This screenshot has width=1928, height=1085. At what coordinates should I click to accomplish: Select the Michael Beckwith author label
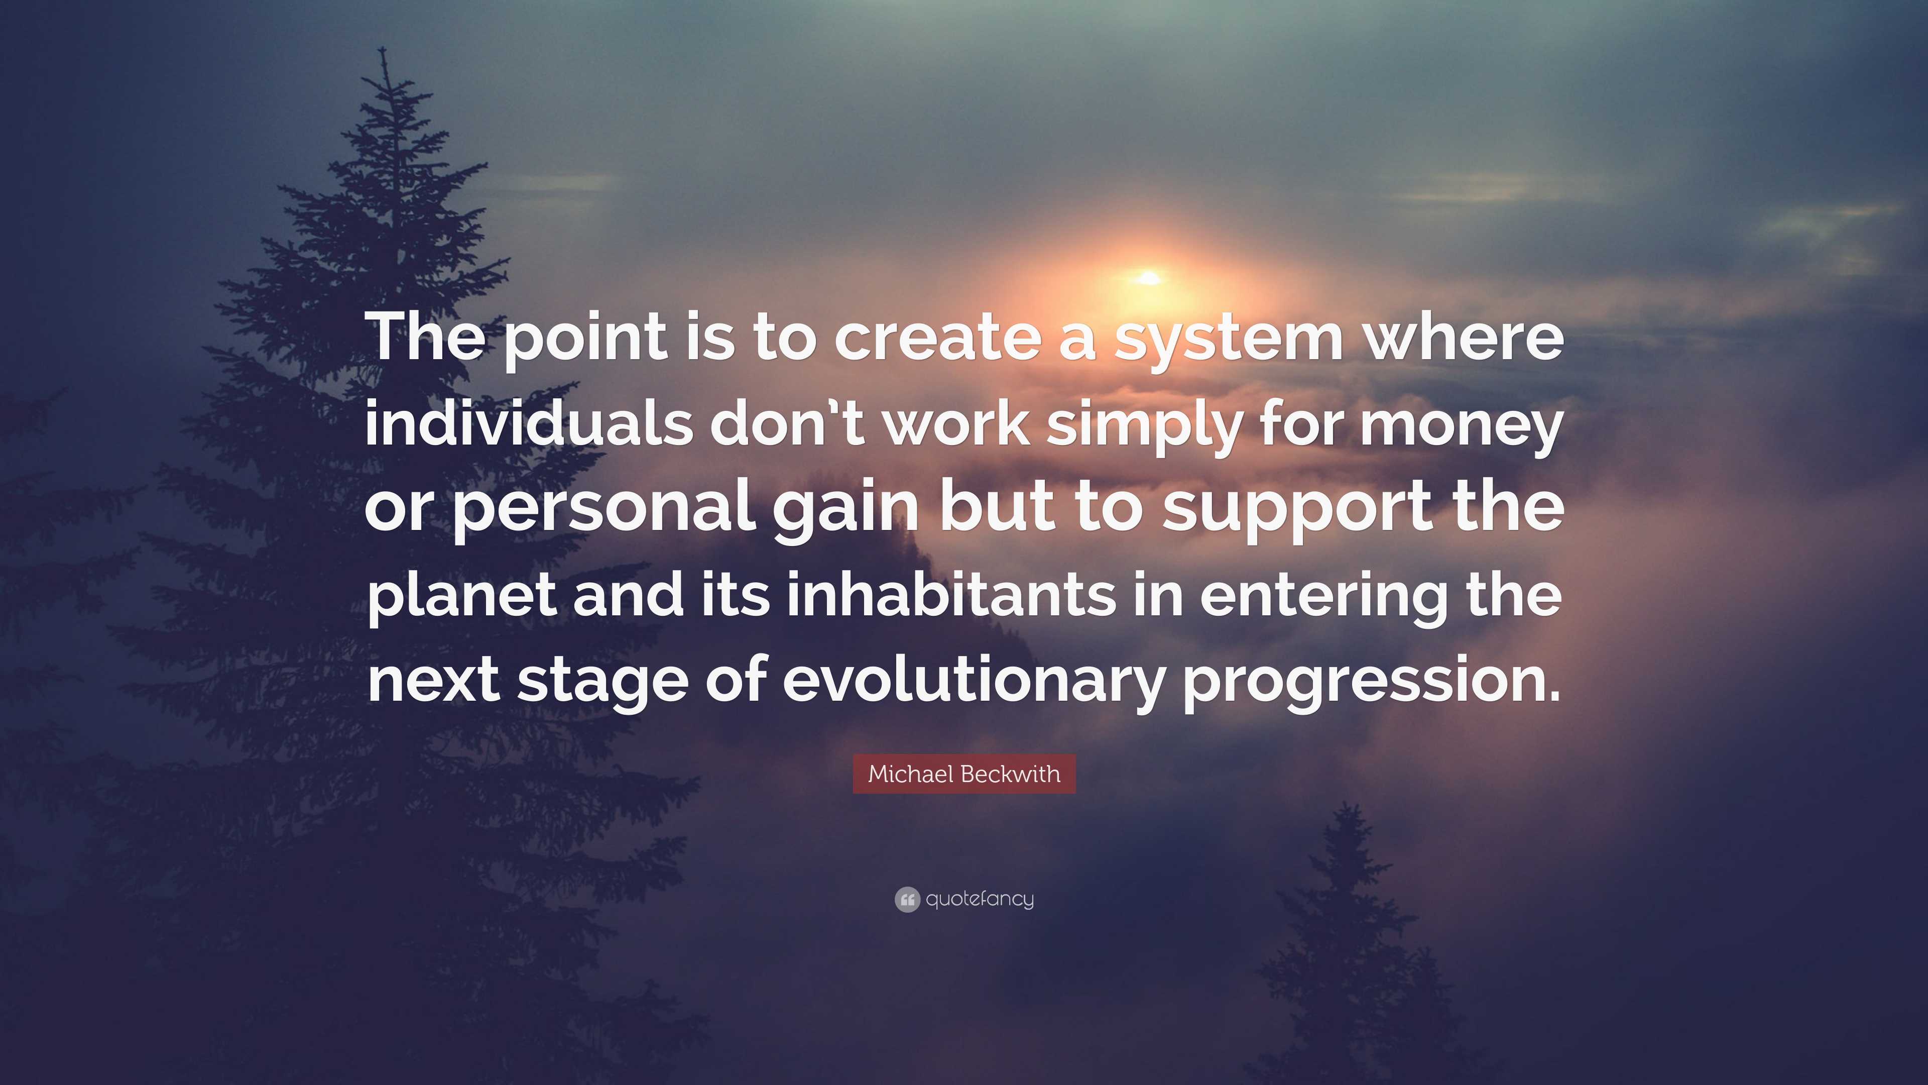click(x=964, y=774)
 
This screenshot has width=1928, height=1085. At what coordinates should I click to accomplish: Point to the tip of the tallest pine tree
click(x=383, y=48)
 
